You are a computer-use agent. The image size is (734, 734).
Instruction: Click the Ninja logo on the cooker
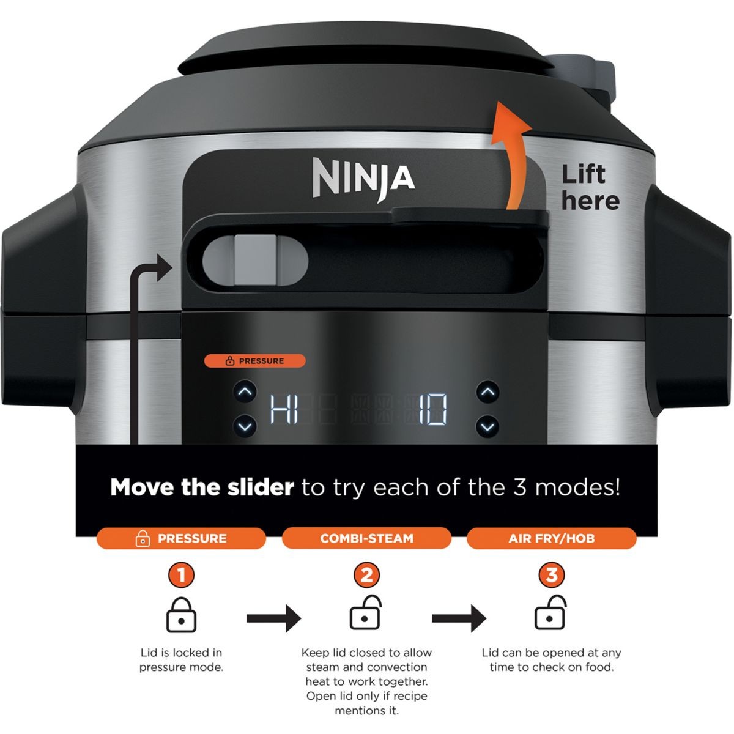click(x=364, y=179)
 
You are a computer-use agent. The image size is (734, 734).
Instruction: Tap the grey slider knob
click(x=255, y=260)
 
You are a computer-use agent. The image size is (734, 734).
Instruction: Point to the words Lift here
click(x=590, y=187)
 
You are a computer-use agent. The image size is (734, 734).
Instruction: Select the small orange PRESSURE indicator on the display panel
click(x=255, y=361)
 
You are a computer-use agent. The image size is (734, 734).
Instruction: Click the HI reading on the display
click(x=284, y=409)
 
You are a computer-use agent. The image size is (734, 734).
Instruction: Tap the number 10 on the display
click(x=433, y=409)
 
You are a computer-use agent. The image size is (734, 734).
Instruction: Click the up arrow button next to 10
click(x=488, y=392)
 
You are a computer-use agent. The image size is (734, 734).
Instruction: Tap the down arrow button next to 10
click(x=488, y=426)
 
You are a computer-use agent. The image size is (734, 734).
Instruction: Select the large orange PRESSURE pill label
click(x=181, y=538)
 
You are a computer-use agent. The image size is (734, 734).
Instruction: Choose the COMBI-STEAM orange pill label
click(x=366, y=538)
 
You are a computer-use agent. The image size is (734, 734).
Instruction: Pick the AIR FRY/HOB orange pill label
click(x=552, y=538)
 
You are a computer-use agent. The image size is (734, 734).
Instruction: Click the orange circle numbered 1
click(x=181, y=575)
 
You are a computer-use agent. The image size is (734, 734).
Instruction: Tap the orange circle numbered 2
click(x=366, y=575)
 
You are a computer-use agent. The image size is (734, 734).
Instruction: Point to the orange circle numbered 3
click(x=552, y=575)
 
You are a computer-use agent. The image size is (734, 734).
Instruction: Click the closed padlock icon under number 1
click(x=181, y=615)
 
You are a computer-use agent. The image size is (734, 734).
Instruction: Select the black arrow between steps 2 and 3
click(x=459, y=618)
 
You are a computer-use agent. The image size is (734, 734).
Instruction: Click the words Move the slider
click(x=202, y=487)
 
